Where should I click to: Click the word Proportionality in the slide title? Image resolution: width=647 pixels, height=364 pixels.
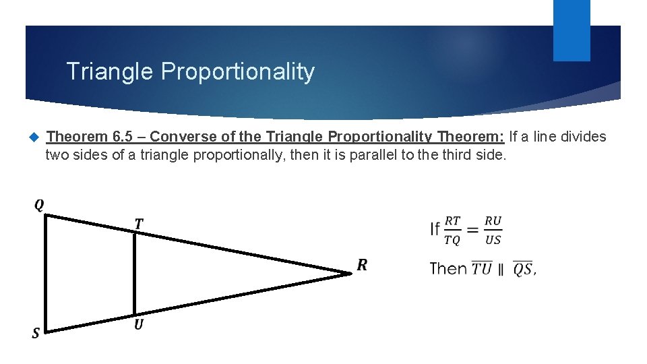pos(238,71)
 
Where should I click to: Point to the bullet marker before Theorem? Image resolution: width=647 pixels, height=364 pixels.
pos(34,138)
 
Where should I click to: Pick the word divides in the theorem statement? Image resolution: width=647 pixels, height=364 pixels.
pos(583,137)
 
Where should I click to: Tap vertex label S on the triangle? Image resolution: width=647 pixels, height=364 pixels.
pos(36,333)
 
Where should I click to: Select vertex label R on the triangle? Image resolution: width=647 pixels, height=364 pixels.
pos(362,265)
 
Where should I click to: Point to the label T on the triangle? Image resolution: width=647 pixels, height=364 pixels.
pos(139,223)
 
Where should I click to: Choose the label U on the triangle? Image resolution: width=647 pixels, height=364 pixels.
pos(138,325)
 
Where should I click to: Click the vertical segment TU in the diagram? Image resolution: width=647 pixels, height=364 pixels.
pos(135,275)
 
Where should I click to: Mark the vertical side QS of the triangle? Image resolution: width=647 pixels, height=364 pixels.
pos(45,274)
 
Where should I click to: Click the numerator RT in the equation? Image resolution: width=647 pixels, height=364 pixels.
pos(453,221)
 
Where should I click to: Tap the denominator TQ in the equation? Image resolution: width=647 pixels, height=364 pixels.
pos(453,240)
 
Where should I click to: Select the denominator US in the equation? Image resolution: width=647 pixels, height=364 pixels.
pos(493,240)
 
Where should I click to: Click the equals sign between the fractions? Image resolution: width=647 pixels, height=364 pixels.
pos(473,231)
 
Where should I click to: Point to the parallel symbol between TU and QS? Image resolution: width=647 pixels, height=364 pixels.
pos(501,270)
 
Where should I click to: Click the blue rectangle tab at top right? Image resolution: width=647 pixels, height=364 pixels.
pos(572,30)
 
